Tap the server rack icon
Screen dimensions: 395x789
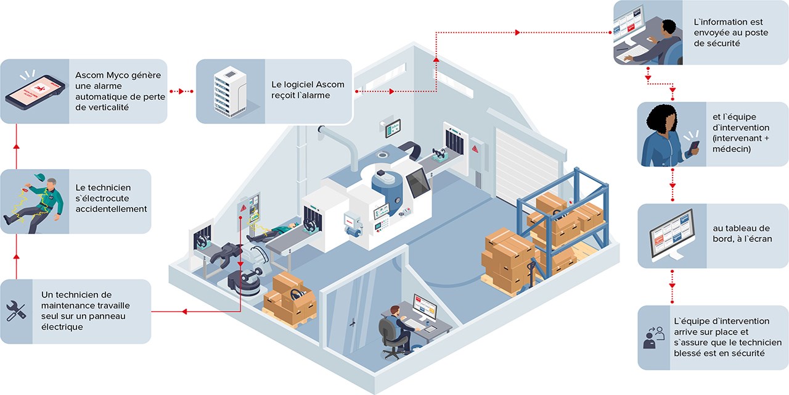pyautogui.click(x=230, y=91)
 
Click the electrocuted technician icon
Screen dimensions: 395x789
pyautogui.click(x=34, y=201)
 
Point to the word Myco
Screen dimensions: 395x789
pyautogui.click(x=120, y=75)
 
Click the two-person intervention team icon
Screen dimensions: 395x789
pyautogui.click(x=653, y=337)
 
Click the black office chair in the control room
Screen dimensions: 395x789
pyautogui.click(x=389, y=337)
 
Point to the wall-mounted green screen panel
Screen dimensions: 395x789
pyautogui.click(x=393, y=128)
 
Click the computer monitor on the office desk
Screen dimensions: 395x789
pyautogui.click(x=425, y=307)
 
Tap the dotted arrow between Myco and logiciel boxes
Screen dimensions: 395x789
pyautogui.click(x=182, y=91)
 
